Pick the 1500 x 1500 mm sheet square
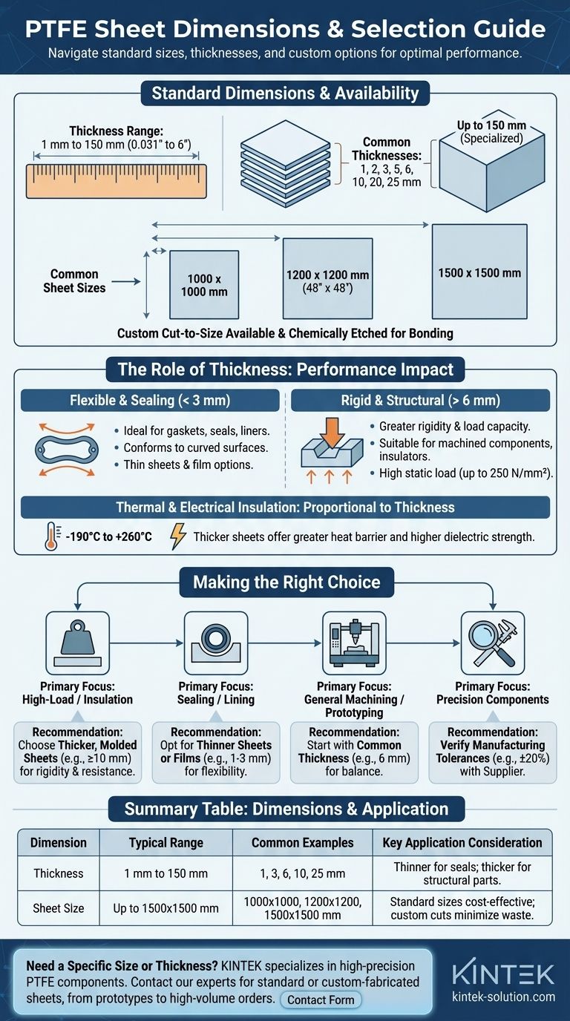tap(479, 273)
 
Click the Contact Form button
tap(321, 999)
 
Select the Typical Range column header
tap(166, 843)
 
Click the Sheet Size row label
tap(59, 908)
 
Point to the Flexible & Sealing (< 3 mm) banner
tap(151, 401)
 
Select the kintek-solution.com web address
tap(503, 997)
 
